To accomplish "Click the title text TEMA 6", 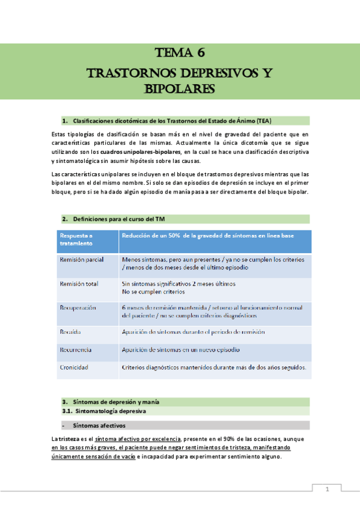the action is (x=180, y=52).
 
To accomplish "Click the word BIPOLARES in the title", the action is (x=180, y=89).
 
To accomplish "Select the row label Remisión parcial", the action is (x=81, y=259).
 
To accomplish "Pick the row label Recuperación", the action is (x=78, y=308).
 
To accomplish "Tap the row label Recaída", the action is (x=70, y=332).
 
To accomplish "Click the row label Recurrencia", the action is (x=75, y=349).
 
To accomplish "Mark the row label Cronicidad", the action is (x=74, y=367).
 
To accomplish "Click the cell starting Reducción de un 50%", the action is (x=208, y=236).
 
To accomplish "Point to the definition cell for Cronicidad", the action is (x=214, y=367).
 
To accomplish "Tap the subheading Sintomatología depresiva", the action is (x=112, y=411).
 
